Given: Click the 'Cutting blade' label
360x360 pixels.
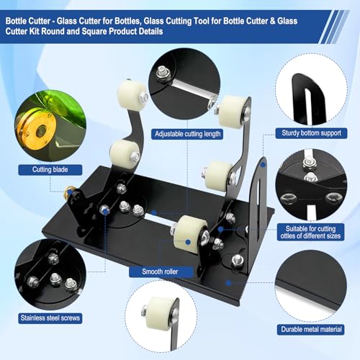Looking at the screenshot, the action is click(x=50, y=170).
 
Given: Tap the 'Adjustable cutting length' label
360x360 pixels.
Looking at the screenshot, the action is click(x=187, y=134).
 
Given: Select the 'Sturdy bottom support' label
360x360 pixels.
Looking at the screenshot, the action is click(x=311, y=133).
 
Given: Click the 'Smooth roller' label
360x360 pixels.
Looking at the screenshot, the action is click(x=160, y=271).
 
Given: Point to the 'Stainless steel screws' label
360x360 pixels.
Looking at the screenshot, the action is click(x=50, y=318).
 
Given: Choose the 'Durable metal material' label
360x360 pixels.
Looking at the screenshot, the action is click(x=311, y=329).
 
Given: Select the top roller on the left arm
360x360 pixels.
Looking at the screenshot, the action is click(x=130, y=93).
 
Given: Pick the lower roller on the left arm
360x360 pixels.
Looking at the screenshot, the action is click(x=124, y=153).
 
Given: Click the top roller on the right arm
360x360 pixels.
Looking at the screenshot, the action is click(x=233, y=109).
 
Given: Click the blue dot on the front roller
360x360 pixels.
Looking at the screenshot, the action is click(x=188, y=243).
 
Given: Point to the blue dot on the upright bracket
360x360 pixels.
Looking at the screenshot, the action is click(x=263, y=165).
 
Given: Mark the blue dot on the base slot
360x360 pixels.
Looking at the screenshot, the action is click(x=154, y=212).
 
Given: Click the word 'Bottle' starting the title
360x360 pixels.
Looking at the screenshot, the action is click(x=16, y=21).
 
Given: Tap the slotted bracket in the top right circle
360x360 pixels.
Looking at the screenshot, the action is click(x=308, y=99).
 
